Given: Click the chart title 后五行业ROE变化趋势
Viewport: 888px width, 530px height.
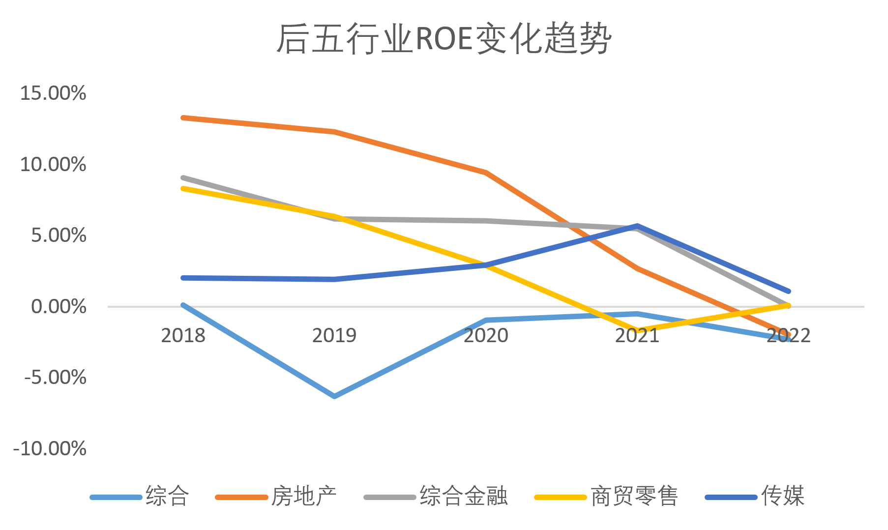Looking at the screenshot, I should [x=444, y=38].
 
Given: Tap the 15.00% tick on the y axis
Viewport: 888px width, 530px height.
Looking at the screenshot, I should [x=53, y=93].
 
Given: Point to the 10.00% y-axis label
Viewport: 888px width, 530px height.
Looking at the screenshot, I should [x=53, y=164].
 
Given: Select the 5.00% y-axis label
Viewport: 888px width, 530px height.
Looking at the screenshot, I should [x=59, y=235].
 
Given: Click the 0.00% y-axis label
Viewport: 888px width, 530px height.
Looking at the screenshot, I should [x=59, y=306].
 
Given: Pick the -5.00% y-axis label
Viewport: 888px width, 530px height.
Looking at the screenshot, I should [x=55, y=378].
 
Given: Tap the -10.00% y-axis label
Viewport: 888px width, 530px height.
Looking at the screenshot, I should [x=50, y=448].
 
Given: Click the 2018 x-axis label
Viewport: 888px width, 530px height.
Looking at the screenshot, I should [x=183, y=335].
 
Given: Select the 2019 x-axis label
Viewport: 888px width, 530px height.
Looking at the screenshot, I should [x=334, y=335].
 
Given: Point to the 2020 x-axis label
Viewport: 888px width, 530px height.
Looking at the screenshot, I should [x=486, y=335].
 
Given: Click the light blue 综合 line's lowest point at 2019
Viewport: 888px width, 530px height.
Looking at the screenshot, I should [x=334, y=396].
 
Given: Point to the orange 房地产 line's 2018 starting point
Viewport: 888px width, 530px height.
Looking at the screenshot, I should [x=183, y=118].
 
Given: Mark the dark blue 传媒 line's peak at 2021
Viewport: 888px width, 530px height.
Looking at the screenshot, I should [x=637, y=226].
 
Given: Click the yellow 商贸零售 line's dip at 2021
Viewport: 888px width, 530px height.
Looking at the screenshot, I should [x=637, y=330].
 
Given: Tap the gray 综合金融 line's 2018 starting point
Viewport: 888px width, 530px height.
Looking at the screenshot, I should [x=183, y=177].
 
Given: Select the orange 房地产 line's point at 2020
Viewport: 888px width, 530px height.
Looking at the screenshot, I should [x=486, y=173].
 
